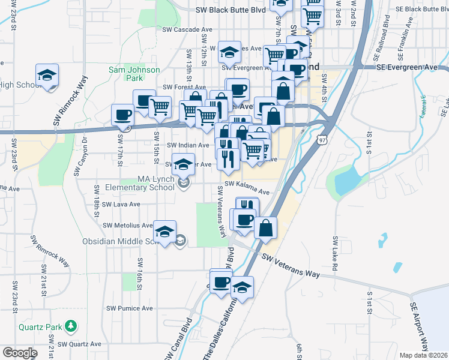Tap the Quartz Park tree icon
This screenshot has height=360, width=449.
point(72,326)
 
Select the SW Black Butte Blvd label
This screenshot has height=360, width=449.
point(231,10)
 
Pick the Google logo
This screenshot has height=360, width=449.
point(20,352)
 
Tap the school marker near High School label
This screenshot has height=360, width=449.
point(47,76)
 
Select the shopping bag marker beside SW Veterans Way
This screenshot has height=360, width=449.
point(265,229)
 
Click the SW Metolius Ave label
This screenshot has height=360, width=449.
point(127,225)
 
